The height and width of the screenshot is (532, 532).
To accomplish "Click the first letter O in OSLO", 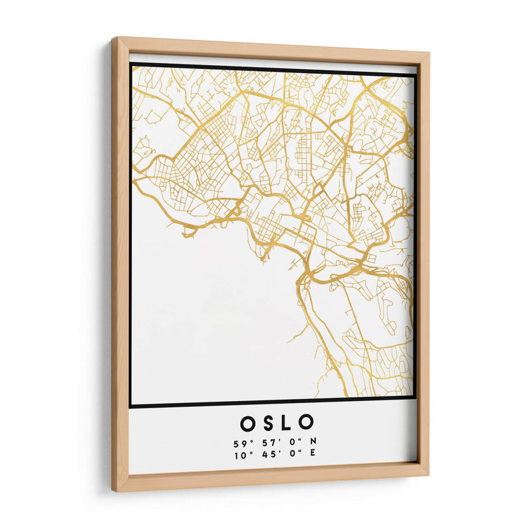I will click(246, 423).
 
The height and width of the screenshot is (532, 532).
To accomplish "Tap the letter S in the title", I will click(266, 423).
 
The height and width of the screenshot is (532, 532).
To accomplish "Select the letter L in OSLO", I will click(285, 423).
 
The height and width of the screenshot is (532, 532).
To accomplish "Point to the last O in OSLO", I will click(305, 422).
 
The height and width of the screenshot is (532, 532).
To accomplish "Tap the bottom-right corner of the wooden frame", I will click(428, 473).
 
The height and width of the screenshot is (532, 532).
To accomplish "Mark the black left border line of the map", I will click(131, 233).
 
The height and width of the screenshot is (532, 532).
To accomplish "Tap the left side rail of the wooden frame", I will click(120, 266).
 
